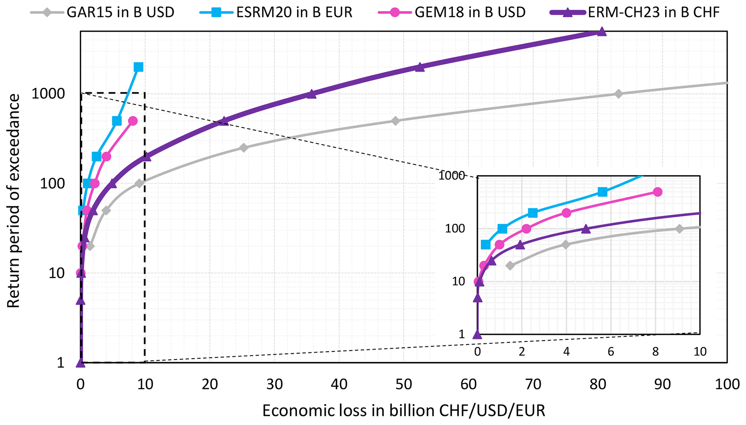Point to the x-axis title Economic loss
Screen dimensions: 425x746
(403, 411)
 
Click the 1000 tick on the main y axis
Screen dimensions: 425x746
(48, 94)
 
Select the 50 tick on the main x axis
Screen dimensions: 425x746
(404, 385)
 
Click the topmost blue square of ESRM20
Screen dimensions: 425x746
(138, 67)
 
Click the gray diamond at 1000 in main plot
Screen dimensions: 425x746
(618, 94)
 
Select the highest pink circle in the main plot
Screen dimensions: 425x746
(133, 121)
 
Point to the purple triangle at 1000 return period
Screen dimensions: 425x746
(311, 94)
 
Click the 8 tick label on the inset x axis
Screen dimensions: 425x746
(655, 351)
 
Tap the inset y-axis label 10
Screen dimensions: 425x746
(458, 281)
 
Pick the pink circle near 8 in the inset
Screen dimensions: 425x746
(658, 192)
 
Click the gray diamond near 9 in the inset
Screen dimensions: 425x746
(679, 229)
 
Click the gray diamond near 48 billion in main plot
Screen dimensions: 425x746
(396, 121)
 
